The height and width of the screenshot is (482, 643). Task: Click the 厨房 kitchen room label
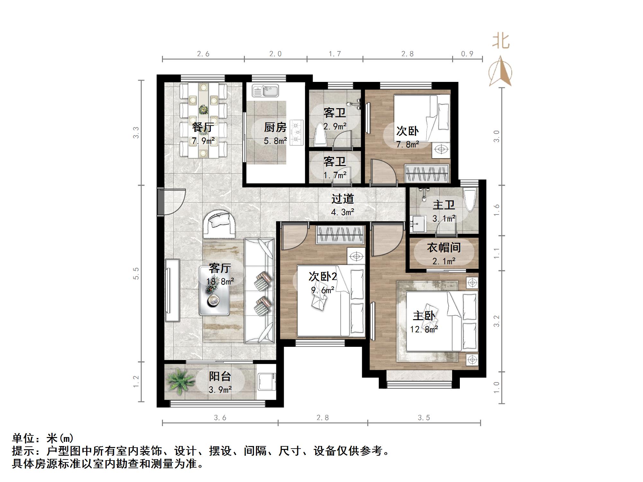275,127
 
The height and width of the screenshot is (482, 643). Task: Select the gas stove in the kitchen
296,132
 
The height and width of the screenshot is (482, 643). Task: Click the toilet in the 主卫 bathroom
470,200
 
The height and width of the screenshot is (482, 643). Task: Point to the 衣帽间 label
444,248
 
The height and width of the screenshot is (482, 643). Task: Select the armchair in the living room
219,223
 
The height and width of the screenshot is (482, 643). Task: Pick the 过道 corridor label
343,199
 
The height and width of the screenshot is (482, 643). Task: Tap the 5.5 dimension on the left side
136,273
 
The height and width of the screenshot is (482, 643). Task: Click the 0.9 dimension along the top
467,54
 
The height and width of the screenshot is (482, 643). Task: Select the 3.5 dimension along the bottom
424,418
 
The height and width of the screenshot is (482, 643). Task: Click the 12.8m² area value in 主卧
424,329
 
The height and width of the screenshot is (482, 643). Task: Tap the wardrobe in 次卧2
340,234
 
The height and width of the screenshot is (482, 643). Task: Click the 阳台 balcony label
220,376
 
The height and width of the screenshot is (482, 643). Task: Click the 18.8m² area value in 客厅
220,282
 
